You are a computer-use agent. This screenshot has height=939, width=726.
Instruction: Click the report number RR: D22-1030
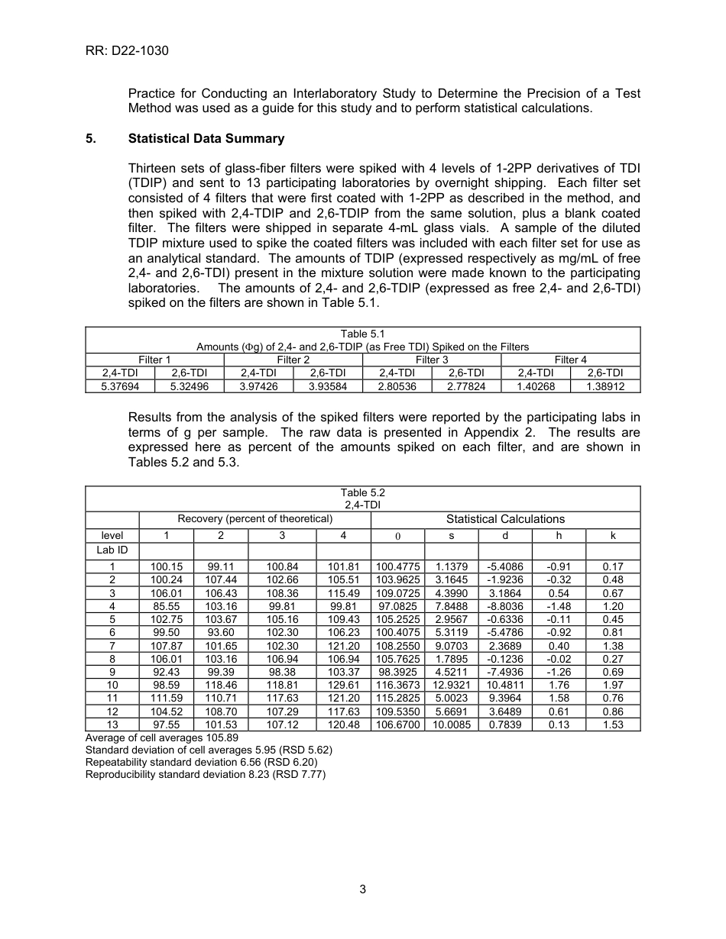127,51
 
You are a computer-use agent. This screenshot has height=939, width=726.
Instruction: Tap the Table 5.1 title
362,334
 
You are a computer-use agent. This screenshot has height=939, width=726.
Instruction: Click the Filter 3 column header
432,360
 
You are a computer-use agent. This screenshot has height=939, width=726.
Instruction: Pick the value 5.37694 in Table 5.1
120,386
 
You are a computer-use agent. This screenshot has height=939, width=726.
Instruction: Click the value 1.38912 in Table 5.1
605,386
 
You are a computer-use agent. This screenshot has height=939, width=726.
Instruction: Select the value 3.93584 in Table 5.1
327,386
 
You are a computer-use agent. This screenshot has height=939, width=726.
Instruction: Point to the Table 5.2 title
362,493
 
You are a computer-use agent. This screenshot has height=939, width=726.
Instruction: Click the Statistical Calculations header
505,519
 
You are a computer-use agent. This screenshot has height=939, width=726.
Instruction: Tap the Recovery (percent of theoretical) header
254,519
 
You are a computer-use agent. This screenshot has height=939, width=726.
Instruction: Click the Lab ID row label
112,550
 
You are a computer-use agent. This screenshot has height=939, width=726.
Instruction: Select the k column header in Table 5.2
613,536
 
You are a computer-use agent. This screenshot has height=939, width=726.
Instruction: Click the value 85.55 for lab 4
167,606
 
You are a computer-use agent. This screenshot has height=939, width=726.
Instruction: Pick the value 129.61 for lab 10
343,686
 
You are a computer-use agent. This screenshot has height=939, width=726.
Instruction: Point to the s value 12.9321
451,686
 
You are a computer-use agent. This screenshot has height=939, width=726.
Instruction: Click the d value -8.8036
504,606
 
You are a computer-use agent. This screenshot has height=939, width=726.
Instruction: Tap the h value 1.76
559,686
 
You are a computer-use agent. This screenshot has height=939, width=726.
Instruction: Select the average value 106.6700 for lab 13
397,724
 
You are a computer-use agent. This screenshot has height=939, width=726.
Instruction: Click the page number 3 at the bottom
363,889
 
